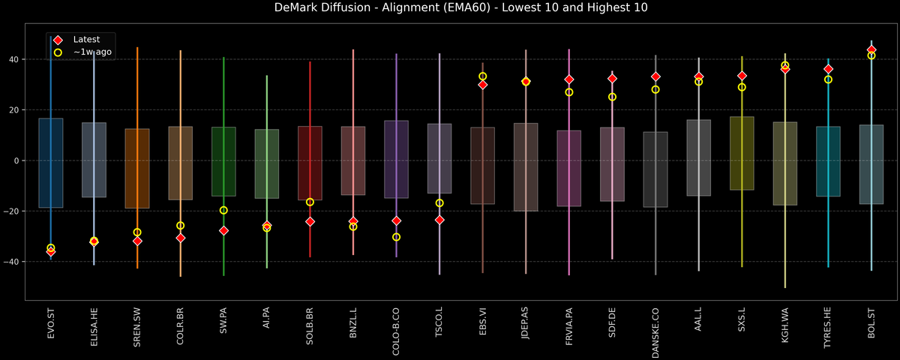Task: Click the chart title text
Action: (450, 8)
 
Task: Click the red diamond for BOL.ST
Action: (871, 49)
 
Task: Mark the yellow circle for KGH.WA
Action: (785, 65)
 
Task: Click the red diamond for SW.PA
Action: (223, 230)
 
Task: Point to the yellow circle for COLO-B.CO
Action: (396, 237)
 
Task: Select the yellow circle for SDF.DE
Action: (612, 97)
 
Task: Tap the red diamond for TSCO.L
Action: (439, 220)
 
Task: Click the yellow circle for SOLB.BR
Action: (310, 202)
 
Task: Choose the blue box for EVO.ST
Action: (51, 163)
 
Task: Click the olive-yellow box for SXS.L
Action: (742, 153)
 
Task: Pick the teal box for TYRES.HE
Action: (828, 161)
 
